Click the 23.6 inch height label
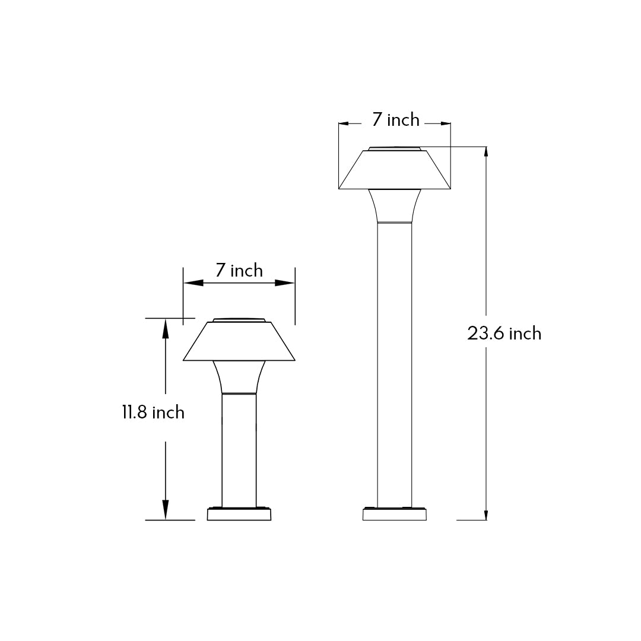point(504,334)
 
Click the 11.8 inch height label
point(153,412)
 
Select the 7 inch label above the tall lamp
point(395,120)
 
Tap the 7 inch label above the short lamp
point(239,271)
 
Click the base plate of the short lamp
point(239,515)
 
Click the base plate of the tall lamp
point(395,515)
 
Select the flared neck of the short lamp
point(239,377)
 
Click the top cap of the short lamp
point(239,320)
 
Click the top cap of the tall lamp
point(395,148)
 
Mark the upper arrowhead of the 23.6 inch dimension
point(487,153)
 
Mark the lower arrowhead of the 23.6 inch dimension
point(487,514)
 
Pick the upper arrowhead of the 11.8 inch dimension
point(166,325)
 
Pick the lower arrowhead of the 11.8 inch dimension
point(166,512)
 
